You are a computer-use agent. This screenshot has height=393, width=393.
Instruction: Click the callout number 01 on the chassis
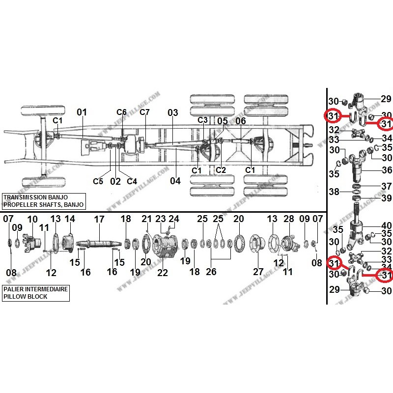click(82, 112)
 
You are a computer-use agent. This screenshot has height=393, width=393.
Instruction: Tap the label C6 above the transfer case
click(121, 112)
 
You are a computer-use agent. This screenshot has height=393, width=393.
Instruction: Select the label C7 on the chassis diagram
click(144, 112)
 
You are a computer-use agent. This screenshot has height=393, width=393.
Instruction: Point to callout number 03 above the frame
click(172, 112)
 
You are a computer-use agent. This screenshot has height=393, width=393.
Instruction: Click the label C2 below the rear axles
click(221, 170)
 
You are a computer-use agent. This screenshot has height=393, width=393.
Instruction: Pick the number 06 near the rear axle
click(241, 121)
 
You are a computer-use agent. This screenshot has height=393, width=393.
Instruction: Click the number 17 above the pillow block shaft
click(100, 219)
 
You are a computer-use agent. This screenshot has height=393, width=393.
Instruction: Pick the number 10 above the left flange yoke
click(32, 219)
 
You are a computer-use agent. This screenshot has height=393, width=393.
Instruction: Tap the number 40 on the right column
click(387, 226)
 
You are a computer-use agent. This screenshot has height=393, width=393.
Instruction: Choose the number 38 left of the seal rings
click(334, 192)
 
